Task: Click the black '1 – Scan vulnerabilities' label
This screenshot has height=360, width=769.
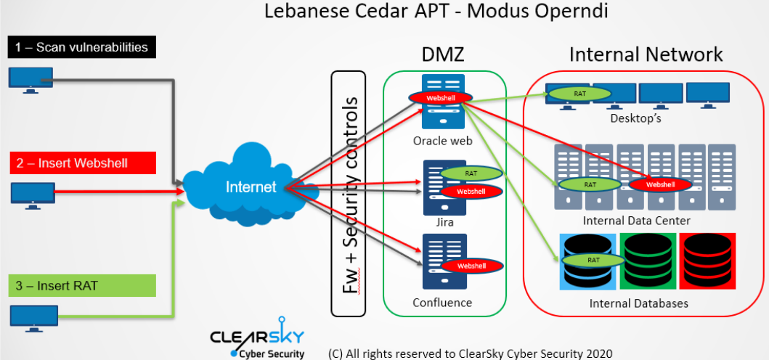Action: tap(82, 47)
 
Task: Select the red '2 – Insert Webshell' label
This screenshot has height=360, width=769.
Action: tap(83, 163)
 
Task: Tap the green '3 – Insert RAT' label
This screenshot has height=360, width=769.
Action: tap(82, 285)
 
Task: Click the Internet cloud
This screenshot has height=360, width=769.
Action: tap(250, 187)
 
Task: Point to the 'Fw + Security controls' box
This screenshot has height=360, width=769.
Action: tap(349, 194)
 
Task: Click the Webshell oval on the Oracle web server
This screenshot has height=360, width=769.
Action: tap(436, 97)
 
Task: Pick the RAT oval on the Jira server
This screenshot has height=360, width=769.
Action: tap(471, 173)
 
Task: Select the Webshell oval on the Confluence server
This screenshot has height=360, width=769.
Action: tap(471, 266)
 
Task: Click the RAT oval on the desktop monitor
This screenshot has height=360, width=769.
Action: tap(579, 92)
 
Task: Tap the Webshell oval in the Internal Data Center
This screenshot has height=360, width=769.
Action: tap(660, 184)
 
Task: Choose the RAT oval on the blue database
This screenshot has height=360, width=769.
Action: tap(593, 260)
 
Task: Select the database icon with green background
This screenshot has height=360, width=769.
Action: tap(648, 261)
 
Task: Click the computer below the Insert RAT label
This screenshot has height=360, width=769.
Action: tap(34, 318)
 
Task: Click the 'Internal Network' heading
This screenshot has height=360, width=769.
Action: tap(646, 54)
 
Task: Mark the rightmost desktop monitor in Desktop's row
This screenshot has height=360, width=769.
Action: tap(708, 95)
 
